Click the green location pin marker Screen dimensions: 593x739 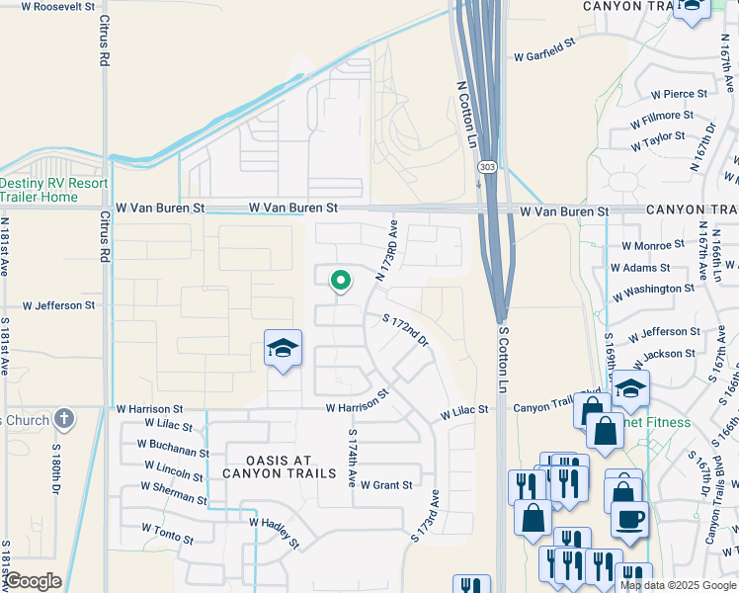click(x=340, y=281)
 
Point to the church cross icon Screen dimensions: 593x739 click(x=64, y=420)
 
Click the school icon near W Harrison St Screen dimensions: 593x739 click(x=283, y=349)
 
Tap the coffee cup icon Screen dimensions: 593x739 click(x=628, y=518)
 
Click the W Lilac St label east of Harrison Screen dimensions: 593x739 click(x=464, y=411)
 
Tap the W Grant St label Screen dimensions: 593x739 click(x=386, y=485)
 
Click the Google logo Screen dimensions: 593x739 click(x=34, y=581)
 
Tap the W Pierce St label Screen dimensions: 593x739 click(x=679, y=94)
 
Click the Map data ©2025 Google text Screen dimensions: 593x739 click(x=677, y=585)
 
